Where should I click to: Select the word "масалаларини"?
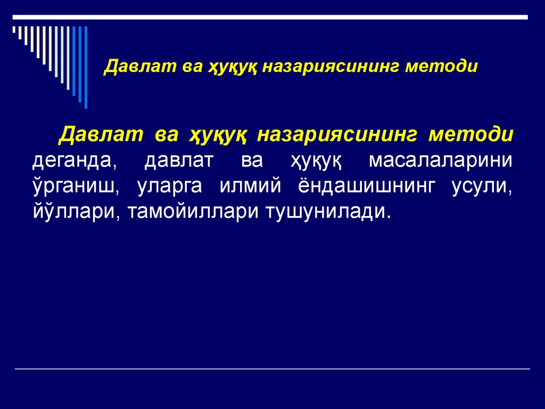(x=441, y=161)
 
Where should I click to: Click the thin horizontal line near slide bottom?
(x=272, y=369)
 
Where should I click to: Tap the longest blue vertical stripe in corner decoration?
(x=86, y=67)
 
